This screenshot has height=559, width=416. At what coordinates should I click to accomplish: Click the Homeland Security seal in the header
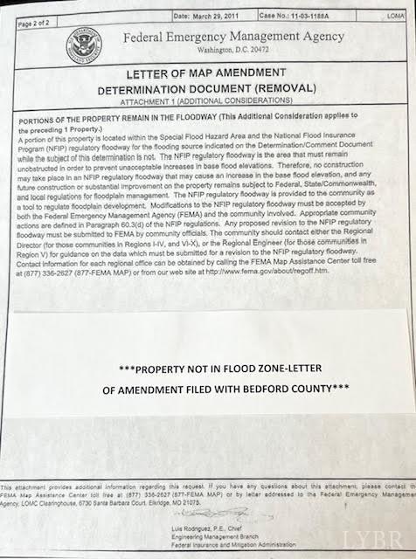pos(86,43)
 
